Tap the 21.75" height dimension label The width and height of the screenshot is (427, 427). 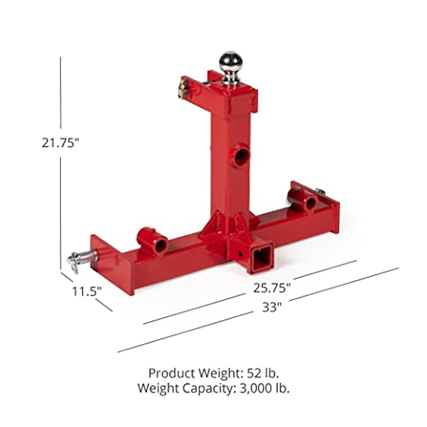[60, 143]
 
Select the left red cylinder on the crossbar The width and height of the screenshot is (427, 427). [152, 241]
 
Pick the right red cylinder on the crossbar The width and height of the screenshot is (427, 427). [303, 200]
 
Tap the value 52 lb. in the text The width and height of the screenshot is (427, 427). [263, 373]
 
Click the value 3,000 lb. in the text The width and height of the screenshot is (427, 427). [262, 388]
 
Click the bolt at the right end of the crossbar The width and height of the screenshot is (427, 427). [320, 192]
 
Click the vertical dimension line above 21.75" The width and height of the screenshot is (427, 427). [60, 93]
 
